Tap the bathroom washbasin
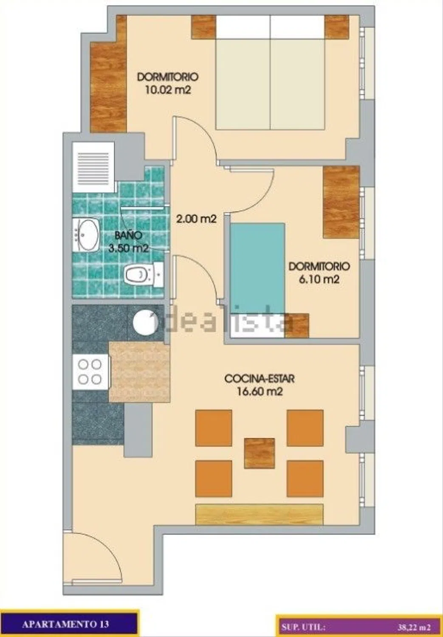[x=86, y=235]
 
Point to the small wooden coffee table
[x=260, y=453]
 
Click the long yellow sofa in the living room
[x=260, y=514]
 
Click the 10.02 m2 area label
[x=168, y=90]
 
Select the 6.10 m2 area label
[x=319, y=280]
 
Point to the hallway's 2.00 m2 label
[x=196, y=219]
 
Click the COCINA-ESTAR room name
[x=260, y=378]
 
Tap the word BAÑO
[x=128, y=235]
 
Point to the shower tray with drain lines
[x=93, y=167]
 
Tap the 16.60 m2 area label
[x=260, y=392]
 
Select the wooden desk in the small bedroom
[x=341, y=202]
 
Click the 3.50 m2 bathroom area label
[x=129, y=248]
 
